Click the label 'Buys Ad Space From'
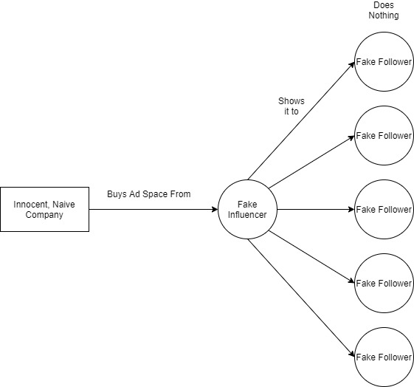point(149,194)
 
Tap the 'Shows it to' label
point(291,106)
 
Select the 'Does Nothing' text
point(384,10)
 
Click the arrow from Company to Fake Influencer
point(153,210)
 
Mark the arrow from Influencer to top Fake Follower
point(301,121)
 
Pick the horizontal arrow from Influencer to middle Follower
point(316,210)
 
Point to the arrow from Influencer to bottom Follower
point(301,298)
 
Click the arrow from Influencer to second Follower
point(311,162)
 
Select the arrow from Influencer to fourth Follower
point(311,257)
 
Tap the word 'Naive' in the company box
point(63,205)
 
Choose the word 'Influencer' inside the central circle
point(247,215)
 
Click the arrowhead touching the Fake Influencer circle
point(215,210)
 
